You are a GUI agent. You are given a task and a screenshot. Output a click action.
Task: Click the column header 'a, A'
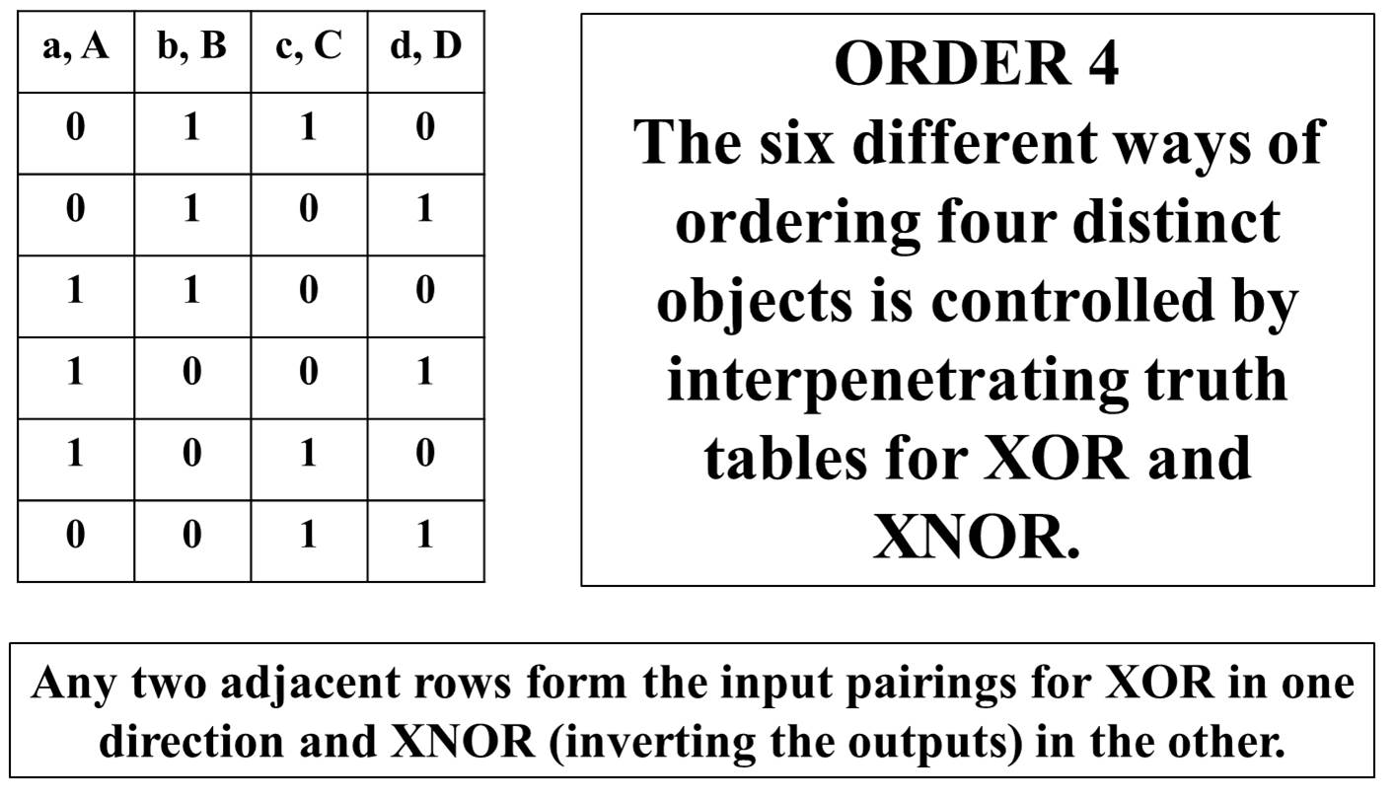(x=75, y=51)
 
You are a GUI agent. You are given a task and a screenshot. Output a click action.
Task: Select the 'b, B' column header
(x=192, y=51)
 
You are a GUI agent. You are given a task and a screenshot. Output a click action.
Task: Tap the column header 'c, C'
(x=309, y=51)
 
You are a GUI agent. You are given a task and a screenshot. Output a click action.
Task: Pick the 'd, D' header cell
(x=426, y=51)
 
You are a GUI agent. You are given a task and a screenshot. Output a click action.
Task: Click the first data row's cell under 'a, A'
(x=75, y=133)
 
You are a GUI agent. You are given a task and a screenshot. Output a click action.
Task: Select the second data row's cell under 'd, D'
(x=426, y=215)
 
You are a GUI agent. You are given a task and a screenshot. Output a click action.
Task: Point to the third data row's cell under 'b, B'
(x=192, y=296)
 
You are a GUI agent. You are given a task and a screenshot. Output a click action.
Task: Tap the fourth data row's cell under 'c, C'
(x=309, y=378)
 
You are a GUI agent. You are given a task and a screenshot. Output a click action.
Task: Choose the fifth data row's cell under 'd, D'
(x=426, y=460)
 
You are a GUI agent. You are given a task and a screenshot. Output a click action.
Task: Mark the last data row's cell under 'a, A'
(x=75, y=541)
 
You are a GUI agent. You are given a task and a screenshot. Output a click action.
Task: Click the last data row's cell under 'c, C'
(x=309, y=541)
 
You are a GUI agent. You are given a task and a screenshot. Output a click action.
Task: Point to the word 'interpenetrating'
(x=898, y=381)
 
